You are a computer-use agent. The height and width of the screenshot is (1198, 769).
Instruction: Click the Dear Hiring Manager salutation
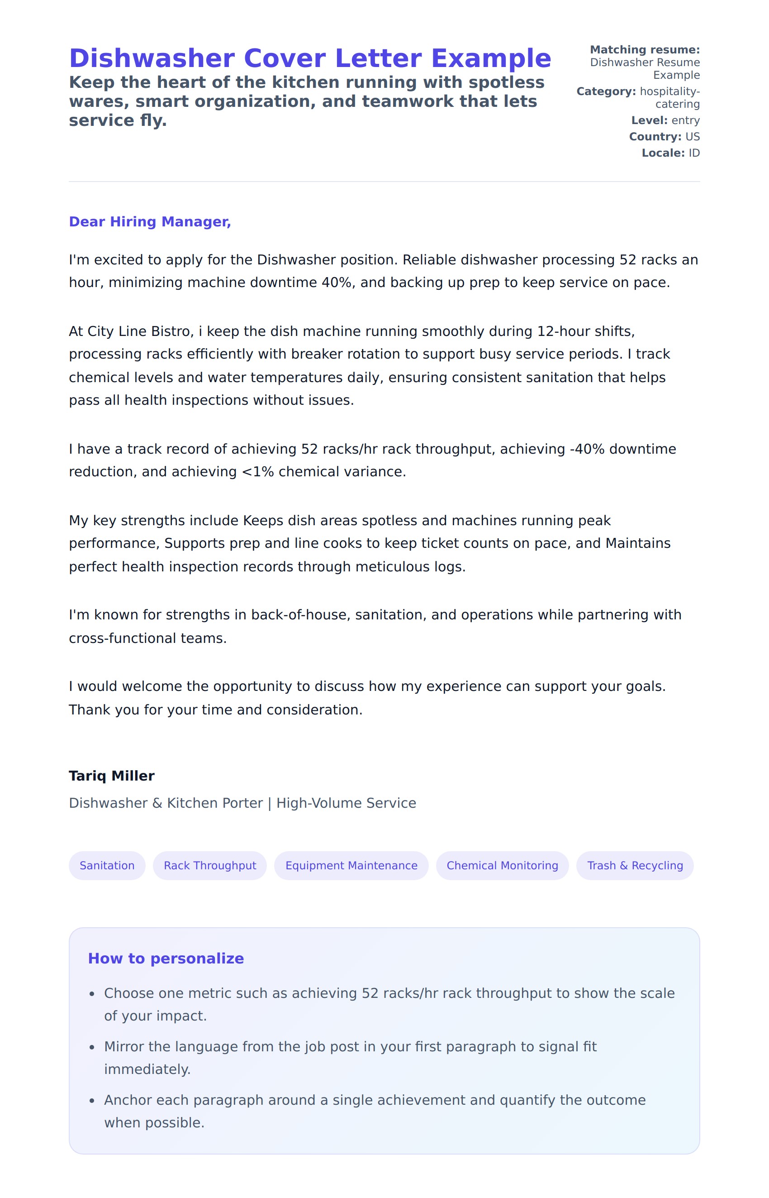pos(150,221)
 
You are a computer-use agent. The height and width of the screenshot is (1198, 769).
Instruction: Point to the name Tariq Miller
pos(111,776)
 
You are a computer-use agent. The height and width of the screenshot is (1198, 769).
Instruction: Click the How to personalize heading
pos(166,958)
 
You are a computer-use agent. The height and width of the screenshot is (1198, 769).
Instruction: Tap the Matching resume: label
pos(645,49)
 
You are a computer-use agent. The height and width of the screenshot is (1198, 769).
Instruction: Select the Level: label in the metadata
pos(649,120)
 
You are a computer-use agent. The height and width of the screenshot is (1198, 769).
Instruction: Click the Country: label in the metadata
pos(655,136)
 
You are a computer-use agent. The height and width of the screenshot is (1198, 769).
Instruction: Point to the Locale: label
pos(663,153)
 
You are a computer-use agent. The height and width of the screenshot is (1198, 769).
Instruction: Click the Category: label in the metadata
pos(606,91)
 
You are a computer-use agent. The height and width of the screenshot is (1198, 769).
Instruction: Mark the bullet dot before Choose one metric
pos(92,994)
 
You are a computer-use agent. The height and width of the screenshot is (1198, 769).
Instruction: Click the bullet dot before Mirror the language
pos(92,1048)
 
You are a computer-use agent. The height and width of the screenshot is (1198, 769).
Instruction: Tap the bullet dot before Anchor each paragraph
pos(92,1101)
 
